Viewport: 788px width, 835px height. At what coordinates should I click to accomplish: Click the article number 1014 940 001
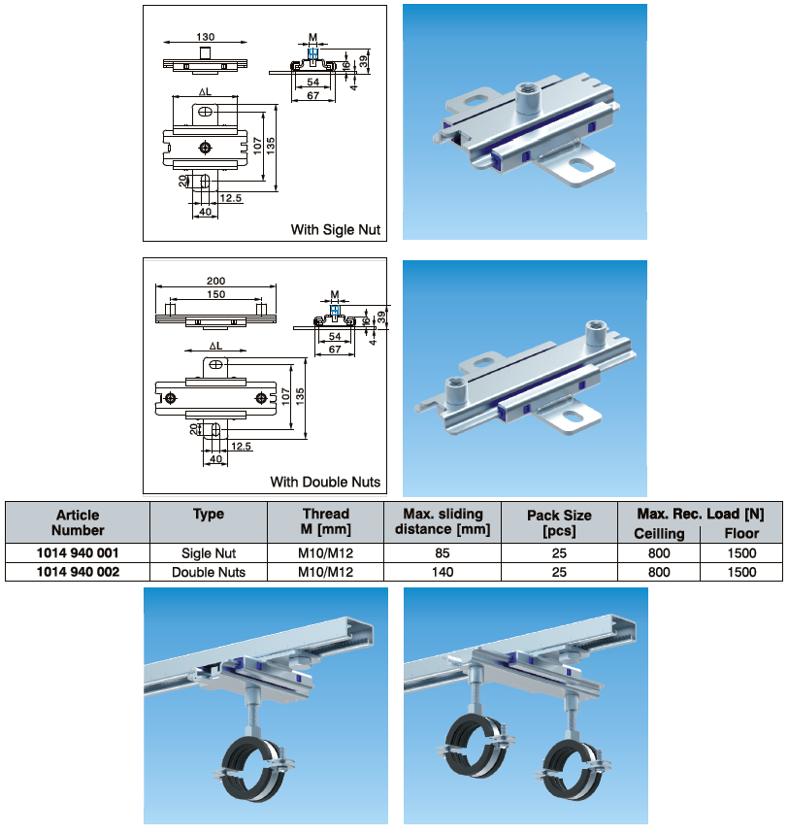coord(78,552)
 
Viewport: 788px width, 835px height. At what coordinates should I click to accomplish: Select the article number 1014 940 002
coord(78,572)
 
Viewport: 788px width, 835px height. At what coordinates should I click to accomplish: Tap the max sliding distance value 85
coord(442,552)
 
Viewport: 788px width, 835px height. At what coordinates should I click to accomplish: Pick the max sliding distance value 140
coord(442,572)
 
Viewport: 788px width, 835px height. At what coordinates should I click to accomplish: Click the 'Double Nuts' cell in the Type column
coord(208,572)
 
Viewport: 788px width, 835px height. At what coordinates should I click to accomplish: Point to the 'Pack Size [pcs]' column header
coord(559,522)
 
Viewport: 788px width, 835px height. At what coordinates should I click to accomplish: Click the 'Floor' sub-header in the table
coord(741,533)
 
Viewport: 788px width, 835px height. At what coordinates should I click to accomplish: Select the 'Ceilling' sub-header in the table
coord(659,533)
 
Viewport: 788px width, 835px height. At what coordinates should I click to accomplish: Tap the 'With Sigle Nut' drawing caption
coord(335,230)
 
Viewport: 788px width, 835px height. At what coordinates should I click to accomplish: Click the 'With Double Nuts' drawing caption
coord(325,482)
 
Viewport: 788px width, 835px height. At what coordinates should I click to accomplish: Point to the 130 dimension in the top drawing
coord(205,37)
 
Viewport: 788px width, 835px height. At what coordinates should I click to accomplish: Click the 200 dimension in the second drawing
coord(215,282)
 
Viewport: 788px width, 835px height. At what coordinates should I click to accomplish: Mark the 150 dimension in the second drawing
coord(215,294)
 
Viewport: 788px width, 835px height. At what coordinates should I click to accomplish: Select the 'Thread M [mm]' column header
coord(325,522)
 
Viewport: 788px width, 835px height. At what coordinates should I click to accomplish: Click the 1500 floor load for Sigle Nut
coord(741,552)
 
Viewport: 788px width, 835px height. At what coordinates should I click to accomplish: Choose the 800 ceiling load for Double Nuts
coord(659,572)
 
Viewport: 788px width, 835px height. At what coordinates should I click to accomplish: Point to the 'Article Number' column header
coord(78,522)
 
